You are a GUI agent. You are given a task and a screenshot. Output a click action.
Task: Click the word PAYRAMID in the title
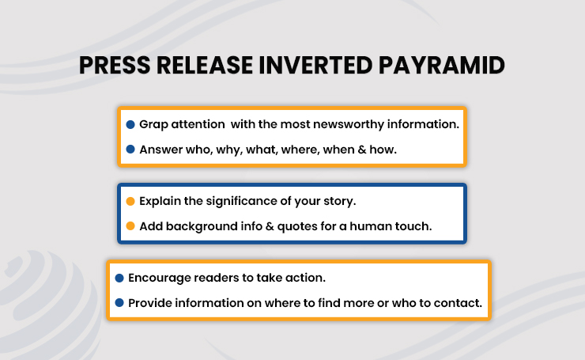tap(441, 66)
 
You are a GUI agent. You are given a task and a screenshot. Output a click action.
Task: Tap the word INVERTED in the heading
tap(315, 66)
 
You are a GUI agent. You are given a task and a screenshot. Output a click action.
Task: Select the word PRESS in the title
tap(115, 66)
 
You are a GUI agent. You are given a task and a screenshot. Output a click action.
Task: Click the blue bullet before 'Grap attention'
tap(130, 124)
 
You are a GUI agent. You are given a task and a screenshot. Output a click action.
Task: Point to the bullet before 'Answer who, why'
tap(130, 150)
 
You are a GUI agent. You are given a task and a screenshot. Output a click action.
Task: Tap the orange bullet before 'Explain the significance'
tap(130, 201)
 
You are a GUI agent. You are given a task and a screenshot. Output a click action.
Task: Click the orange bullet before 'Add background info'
tap(130, 226)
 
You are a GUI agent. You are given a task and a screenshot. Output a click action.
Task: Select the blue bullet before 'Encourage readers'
tap(119, 278)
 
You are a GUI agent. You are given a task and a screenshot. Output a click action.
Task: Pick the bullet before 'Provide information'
tap(119, 303)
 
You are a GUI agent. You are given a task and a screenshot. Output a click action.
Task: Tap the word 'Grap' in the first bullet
tap(153, 125)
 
